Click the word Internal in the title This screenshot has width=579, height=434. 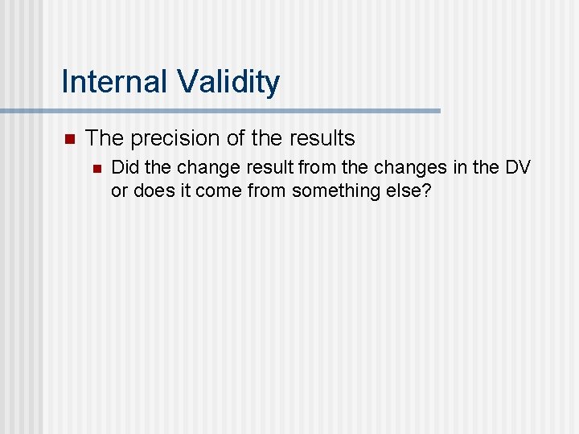[115, 82]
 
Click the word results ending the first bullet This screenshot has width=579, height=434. [320, 138]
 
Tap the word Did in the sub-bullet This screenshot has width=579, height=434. [124, 168]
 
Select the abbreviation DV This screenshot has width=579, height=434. [518, 168]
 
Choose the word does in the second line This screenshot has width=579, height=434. [151, 190]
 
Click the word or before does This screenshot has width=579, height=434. [119, 190]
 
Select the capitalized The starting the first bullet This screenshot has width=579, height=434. [105, 138]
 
